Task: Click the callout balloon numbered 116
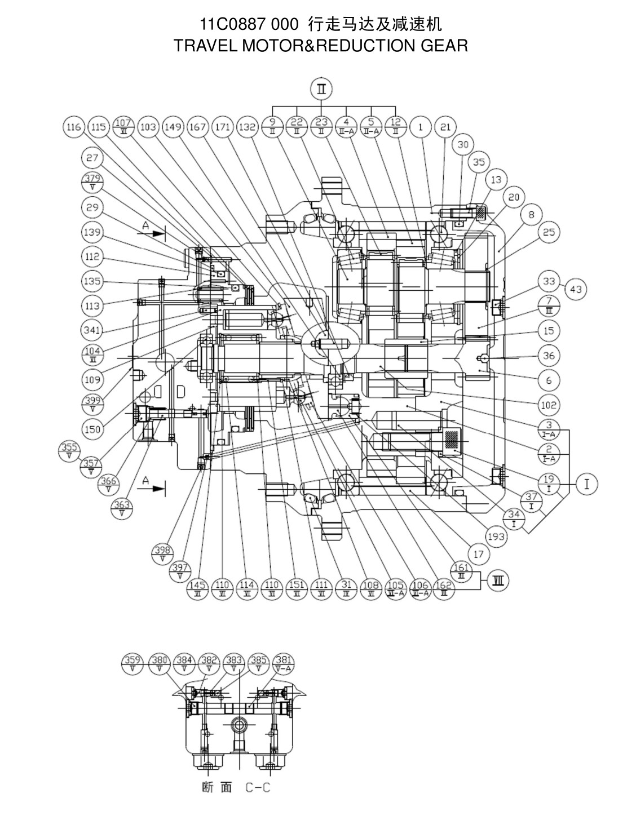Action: point(73,127)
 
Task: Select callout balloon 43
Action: point(576,289)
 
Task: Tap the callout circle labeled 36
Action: point(549,356)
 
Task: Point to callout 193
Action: point(496,537)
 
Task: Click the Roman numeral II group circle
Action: point(321,89)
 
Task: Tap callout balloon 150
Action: point(92,429)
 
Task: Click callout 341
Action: point(92,330)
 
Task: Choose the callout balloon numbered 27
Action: point(92,158)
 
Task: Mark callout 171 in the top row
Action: point(223,127)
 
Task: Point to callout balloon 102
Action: point(549,405)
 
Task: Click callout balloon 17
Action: point(478,555)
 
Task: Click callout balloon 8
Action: point(531,214)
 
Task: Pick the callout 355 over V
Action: point(69,451)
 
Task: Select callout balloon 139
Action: point(92,232)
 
